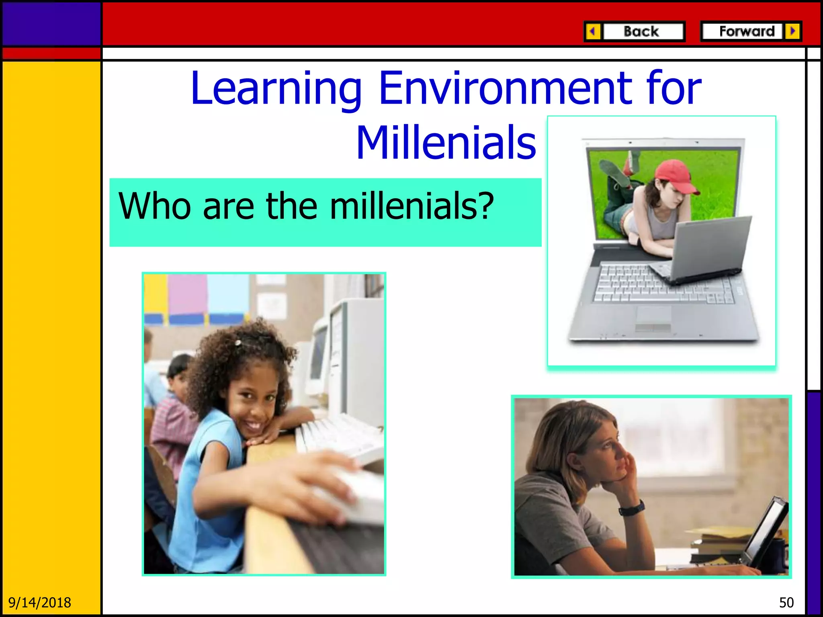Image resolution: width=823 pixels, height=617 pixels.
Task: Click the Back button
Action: coord(642,31)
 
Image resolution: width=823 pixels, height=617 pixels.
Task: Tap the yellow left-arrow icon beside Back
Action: coord(593,31)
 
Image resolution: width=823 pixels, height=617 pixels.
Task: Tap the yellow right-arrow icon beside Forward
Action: coord(793,31)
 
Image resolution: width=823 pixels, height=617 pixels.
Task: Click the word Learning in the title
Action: coord(276,88)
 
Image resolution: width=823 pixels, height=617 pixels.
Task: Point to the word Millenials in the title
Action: coord(446,143)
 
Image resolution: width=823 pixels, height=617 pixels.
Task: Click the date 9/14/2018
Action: coord(39,603)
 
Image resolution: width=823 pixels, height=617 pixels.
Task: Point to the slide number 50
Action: coord(786,603)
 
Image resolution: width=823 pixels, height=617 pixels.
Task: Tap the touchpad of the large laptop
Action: coord(653,315)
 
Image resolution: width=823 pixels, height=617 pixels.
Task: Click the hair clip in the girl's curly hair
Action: coord(238,343)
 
